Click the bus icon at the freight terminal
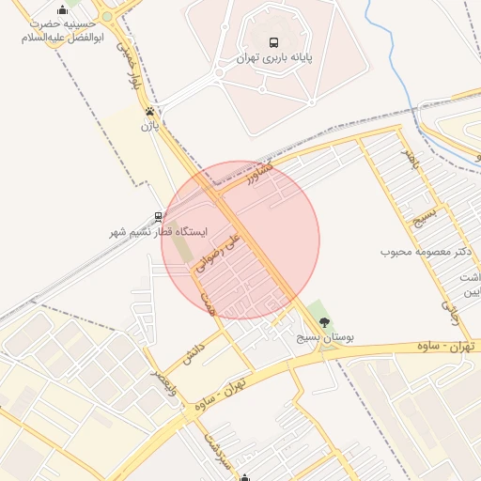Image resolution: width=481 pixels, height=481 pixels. pos(273,42)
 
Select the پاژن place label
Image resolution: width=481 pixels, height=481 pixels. pos(147,125)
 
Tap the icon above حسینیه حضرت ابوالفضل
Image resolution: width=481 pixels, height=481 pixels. pos(62,11)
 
